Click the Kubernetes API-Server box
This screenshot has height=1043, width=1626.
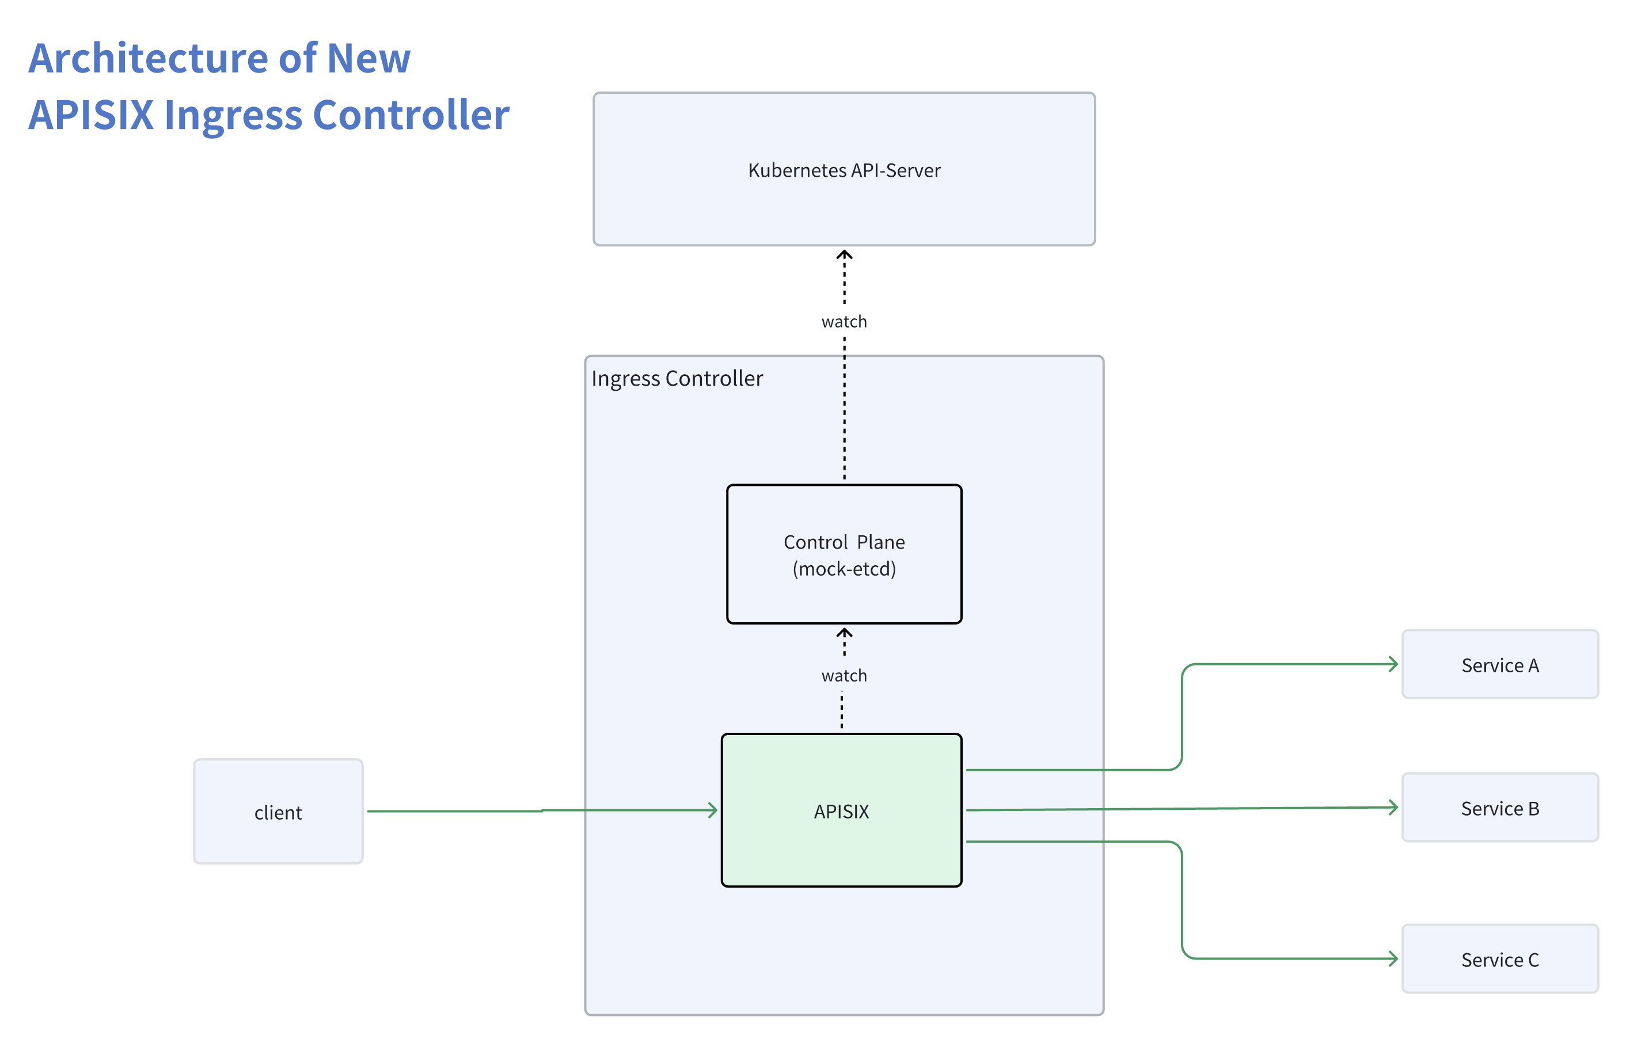coord(844,169)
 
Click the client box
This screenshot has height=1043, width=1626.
coord(278,812)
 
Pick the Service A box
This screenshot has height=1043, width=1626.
coord(1499,664)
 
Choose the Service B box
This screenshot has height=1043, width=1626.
coord(1499,808)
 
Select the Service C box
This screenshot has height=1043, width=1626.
coord(1499,959)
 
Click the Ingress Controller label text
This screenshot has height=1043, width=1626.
coord(677,378)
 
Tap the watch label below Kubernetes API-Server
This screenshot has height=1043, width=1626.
coord(844,321)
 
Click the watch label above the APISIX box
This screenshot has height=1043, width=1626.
coord(844,675)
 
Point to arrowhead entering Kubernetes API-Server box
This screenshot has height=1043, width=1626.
coord(844,254)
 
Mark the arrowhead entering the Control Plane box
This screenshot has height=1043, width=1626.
coord(844,633)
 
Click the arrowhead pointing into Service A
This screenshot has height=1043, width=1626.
coord(1393,664)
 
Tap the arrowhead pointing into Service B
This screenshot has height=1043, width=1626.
coord(1393,808)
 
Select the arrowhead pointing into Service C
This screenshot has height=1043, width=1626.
coord(1393,958)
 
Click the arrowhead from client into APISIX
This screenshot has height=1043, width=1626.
coord(713,810)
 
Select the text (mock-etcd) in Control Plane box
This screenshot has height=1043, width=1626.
coord(844,569)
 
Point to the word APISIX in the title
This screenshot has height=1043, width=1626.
coord(91,115)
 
